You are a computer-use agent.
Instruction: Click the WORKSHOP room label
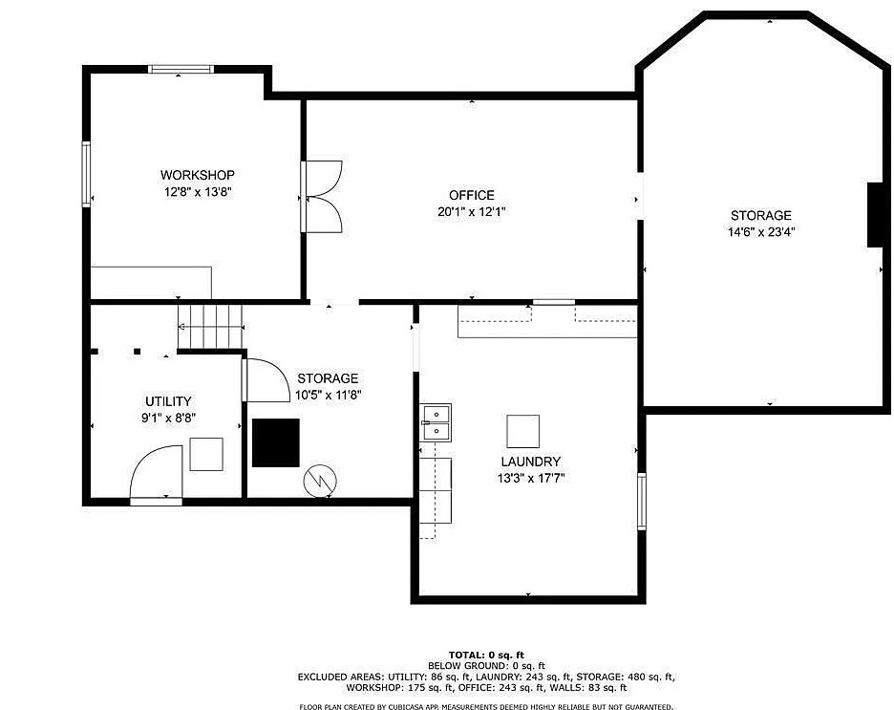click(198, 175)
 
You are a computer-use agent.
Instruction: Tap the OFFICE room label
click(472, 195)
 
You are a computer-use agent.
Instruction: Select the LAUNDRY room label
click(531, 462)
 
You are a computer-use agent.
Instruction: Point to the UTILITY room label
click(168, 401)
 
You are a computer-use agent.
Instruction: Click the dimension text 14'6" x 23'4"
click(761, 232)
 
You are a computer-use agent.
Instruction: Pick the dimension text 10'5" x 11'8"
click(328, 395)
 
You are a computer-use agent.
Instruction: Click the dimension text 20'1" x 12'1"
click(472, 211)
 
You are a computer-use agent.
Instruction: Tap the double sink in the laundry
click(436, 422)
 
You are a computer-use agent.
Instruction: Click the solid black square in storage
click(276, 443)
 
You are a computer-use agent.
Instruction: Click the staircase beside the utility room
click(211, 326)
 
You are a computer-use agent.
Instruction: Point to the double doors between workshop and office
click(322, 197)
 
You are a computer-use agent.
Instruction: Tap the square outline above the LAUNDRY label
click(522, 431)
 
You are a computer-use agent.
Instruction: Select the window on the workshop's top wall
click(181, 69)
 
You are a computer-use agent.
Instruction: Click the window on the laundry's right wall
click(642, 502)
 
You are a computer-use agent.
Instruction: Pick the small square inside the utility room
click(206, 454)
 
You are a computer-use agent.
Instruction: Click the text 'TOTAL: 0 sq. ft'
click(486, 656)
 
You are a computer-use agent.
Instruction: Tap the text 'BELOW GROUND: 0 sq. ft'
click(486, 665)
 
